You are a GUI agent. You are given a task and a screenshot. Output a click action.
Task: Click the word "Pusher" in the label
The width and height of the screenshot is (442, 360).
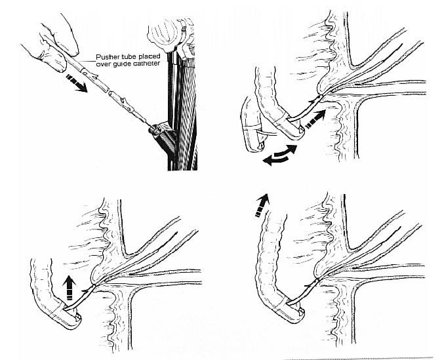[105, 57]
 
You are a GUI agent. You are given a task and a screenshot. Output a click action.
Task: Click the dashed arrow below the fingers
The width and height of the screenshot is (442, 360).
[76, 83]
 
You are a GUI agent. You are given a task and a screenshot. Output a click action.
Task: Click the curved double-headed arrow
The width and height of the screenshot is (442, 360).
[279, 155]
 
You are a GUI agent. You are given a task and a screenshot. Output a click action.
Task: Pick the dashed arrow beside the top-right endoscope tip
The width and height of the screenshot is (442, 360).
[315, 119]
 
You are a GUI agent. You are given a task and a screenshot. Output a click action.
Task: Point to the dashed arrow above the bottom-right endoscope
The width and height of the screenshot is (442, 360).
[262, 206]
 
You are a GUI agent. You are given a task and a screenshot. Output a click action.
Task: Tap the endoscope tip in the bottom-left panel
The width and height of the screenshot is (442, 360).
[70, 317]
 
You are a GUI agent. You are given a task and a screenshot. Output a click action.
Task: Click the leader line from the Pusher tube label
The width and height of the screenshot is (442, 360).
[87, 60]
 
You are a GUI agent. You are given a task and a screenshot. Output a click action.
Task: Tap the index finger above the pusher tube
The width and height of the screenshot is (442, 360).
[60, 34]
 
